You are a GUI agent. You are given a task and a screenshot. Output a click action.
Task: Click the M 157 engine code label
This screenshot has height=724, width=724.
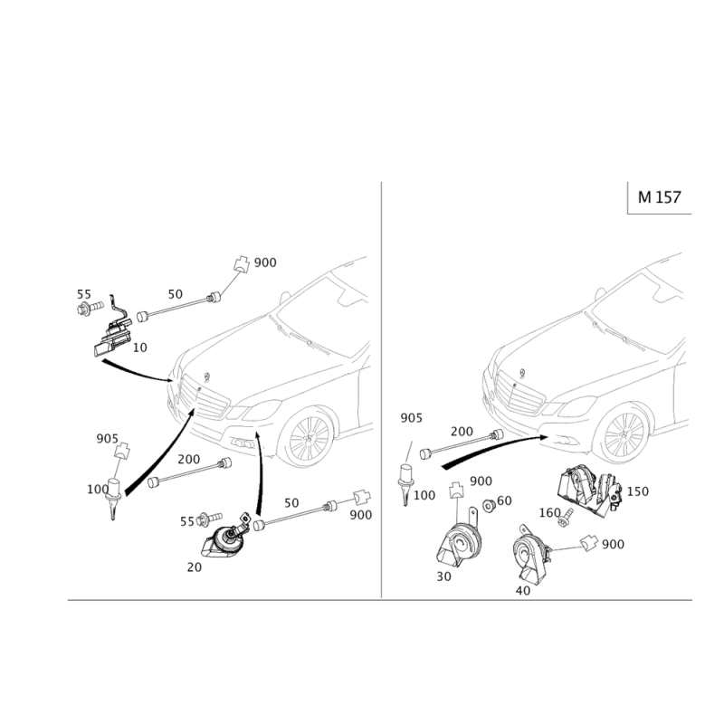click(x=660, y=197)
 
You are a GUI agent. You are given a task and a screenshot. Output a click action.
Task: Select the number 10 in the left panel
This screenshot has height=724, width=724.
click(x=140, y=348)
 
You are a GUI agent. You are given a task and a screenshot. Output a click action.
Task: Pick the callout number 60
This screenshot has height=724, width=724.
click(x=505, y=500)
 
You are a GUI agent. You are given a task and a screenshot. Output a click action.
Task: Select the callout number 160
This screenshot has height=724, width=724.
click(x=549, y=510)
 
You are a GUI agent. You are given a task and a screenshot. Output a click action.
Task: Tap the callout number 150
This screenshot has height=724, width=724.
click(x=638, y=491)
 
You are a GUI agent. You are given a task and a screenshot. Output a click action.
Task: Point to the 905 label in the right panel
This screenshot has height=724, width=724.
click(x=413, y=418)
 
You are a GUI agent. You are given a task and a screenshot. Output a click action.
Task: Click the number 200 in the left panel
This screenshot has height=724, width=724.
click(x=188, y=459)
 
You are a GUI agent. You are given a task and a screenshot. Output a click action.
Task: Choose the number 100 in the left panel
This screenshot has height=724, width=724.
click(x=96, y=489)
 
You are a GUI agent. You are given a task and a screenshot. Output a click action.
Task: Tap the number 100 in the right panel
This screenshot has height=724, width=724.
click(x=425, y=494)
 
